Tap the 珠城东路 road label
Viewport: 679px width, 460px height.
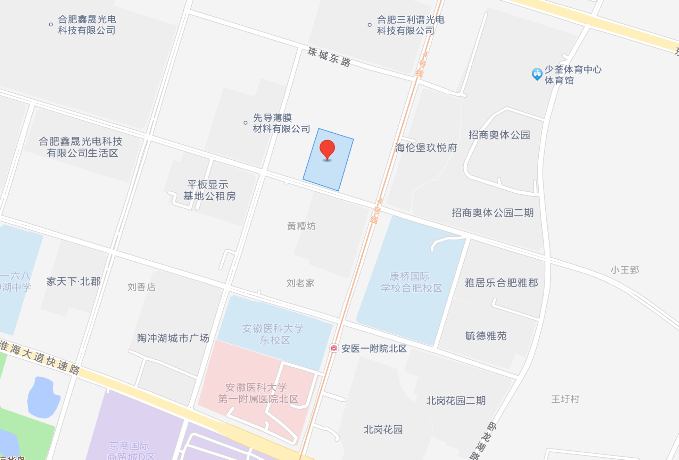pyautogui.click(x=329, y=57)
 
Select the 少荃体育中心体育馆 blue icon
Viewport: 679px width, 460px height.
pyautogui.click(x=537, y=74)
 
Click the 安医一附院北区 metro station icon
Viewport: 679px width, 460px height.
pyautogui.click(x=334, y=348)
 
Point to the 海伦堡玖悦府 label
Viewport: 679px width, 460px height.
pyautogui.click(x=426, y=148)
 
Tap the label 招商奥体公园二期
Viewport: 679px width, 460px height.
pyautogui.click(x=492, y=213)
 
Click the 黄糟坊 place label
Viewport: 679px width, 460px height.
pyautogui.click(x=301, y=226)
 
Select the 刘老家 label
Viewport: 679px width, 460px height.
pyautogui.click(x=300, y=283)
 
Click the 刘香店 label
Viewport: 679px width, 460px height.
pyautogui.click(x=142, y=287)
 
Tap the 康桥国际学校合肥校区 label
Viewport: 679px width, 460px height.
pyautogui.click(x=411, y=282)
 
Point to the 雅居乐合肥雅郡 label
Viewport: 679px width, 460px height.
pyautogui.click(x=501, y=283)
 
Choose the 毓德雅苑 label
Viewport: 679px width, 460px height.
pyautogui.click(x=486, y=336)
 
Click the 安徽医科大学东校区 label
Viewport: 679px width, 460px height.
pyautogui.click(x=273, y=334)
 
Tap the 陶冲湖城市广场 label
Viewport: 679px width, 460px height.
pyautogui.click(x=173, y=338)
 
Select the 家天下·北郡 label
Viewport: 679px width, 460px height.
pyautogui.click(x=73, y=282)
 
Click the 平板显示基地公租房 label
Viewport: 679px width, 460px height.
pyautogui.click(x=209, y=190)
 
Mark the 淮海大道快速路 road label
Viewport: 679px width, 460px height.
pyautogui.click(x=40, y=358)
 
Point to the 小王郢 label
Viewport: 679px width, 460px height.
pyautogui.click(x=624, y=270)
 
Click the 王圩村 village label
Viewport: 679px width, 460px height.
pyautogui.click(x=565, y=399)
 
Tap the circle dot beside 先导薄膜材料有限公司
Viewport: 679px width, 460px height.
pyautogui.click(x=246, y=123)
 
